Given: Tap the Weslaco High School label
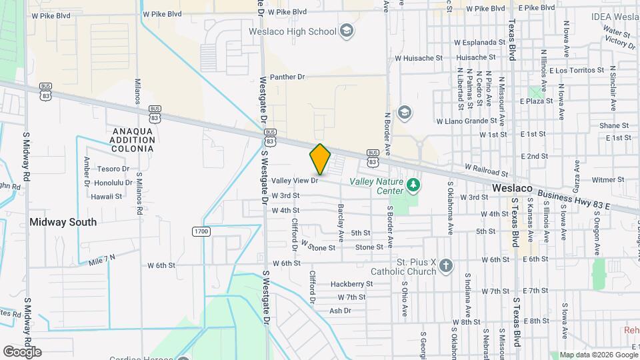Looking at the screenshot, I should click(x=301, y=31).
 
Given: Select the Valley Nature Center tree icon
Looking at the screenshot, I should click(x=414, y=184).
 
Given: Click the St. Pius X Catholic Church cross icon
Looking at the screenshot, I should click(x=446, y=267).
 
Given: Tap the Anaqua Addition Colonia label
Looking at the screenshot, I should click(x=133, y=141).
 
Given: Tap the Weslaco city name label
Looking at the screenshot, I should click(x=512, y=189).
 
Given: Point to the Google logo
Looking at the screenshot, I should click(x=22, y=352).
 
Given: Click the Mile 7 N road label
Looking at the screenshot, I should click(x=102, y=257).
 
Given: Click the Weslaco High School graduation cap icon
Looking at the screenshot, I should click(x=347, y=31).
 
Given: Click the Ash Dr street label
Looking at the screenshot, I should click(x=340, y=311).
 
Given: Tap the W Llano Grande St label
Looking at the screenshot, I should click(x=467, y=121).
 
